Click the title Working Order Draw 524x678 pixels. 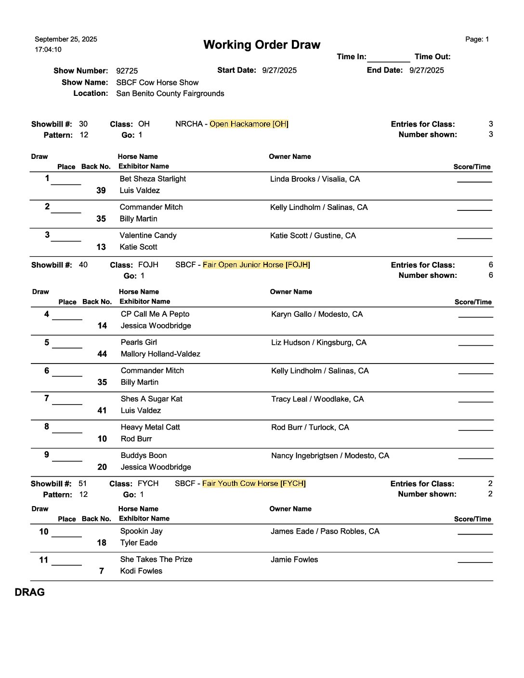click(x=262, y=45)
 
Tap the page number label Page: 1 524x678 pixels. click(x=477, y=39)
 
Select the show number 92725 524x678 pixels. click(x=127, y=71)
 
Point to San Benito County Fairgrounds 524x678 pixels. click(x=170, y=93)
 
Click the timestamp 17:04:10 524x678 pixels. click(x=48, y=50)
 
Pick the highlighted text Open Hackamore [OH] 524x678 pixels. click(x=249, y=124)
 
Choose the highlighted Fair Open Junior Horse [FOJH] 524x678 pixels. click(x=256, y=265)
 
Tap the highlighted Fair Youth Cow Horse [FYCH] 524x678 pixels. click(x=254, y=483)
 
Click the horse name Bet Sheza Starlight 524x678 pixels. click(x=153, y=179)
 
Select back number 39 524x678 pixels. click(x=101, y=191)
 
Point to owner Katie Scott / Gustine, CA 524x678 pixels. click(x=313, y=235)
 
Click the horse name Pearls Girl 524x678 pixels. click(x=139, y=342)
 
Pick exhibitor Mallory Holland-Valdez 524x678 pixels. click(x=160, y=354)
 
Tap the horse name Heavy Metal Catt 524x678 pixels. click(x=150, y=427)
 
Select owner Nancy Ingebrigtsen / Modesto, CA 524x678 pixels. click(x=330, y=456)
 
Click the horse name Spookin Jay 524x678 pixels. click(x=141, y=531)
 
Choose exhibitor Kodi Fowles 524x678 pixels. click(x=141, y=571)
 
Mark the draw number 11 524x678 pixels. click(x=44, y=560)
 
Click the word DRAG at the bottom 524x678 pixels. click(x=30, y=592)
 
